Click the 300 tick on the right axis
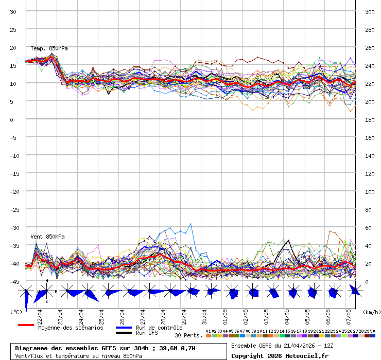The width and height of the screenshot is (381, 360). point(369,11)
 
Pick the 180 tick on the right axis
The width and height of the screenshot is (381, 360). point(369,120)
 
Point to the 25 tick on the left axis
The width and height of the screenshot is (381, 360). point(13,29)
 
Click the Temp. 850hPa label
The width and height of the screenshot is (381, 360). point(49,48)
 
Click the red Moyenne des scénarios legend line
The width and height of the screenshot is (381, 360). point(26,325)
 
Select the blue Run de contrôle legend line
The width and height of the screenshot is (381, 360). point(124,328)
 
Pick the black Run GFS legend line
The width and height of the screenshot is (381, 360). point(124,333)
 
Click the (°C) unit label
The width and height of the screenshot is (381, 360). point(16,312)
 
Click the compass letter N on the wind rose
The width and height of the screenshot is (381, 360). point(47,281)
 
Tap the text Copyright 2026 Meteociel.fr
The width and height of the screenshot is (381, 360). point(280,356)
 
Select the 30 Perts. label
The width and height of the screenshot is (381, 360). point(188,335)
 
